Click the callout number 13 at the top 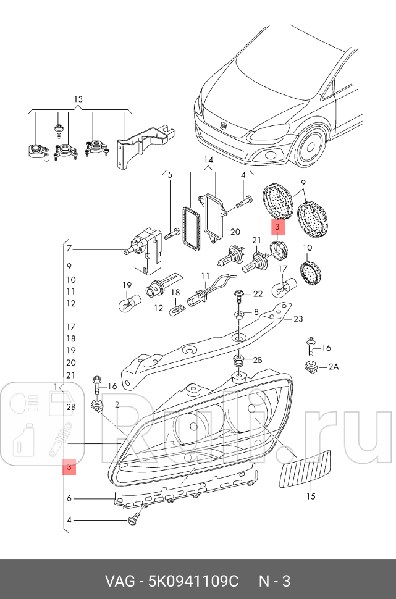pos(78,99)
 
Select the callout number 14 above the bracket pos(208,161)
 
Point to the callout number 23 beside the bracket pos(298,319)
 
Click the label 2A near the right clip pos(334,367)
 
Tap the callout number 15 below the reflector pos(311,496)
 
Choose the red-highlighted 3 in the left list pos(70,469)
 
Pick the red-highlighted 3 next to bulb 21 pos(278,228)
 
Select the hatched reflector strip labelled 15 pos(306,469)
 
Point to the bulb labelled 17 pos(282,287)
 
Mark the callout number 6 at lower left pos(70,498)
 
